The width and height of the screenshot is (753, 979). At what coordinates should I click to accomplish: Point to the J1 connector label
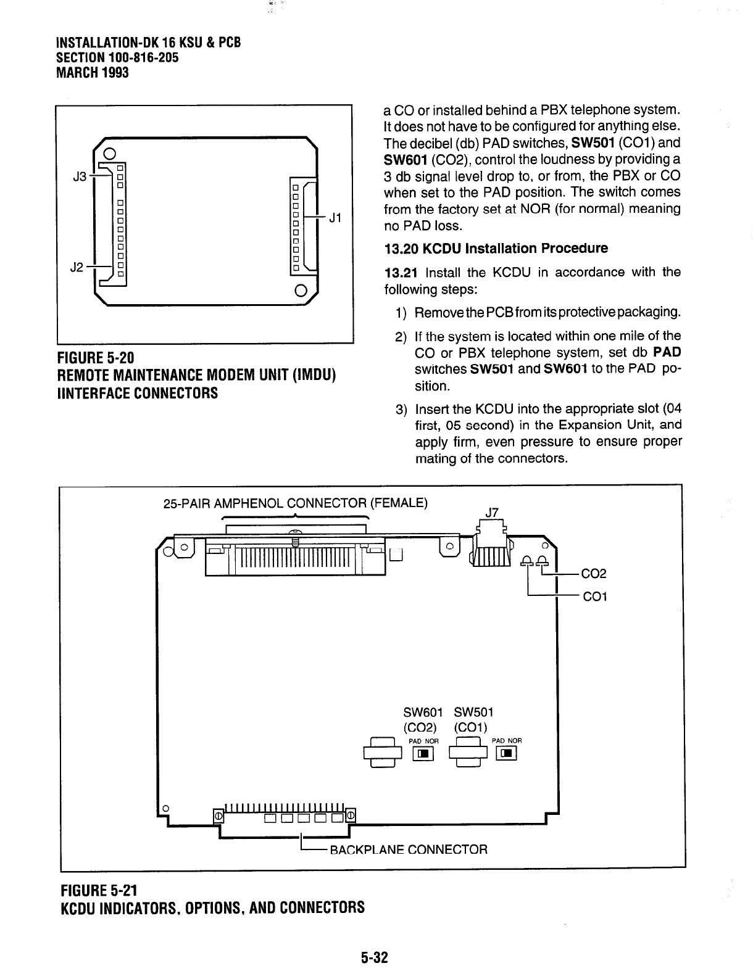point(335,218)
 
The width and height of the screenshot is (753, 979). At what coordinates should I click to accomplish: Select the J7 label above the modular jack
point(492,511)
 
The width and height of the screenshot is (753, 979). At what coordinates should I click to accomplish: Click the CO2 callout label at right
point(594,574)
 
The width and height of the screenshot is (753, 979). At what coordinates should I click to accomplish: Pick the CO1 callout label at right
point(595,597)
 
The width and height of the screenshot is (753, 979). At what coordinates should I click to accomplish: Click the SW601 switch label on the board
point(423,713)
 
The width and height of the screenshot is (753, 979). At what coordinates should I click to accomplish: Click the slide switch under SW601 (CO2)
point(423,753)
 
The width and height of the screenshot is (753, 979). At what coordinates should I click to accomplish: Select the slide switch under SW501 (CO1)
point(507,753)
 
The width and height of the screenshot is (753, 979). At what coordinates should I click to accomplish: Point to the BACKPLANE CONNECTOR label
point(409,849)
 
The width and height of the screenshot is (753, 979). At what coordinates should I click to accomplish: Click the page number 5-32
point(374,957)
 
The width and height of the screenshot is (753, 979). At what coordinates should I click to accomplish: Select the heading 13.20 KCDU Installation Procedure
point(496,249)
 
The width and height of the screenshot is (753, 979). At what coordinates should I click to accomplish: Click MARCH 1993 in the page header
point(93,73)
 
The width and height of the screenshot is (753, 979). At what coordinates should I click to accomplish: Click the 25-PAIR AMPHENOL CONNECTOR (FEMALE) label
point(295,502)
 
